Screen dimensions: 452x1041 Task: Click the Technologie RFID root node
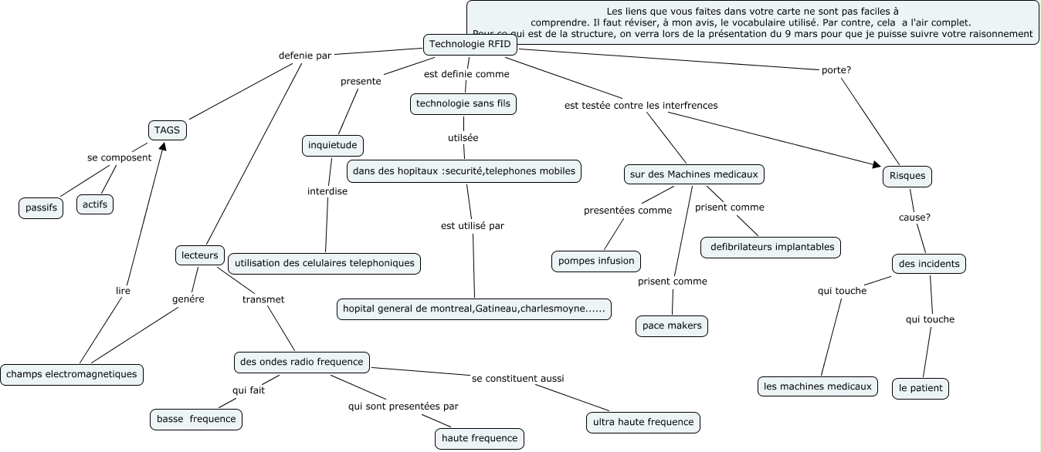(x=470, y=45)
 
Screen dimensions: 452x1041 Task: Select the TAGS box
(x=167, y=130)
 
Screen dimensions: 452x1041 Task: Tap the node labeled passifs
(x=42, y=208)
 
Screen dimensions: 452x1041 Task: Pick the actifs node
(x=95, y=204)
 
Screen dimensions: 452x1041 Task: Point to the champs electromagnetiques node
(x=72, y=375)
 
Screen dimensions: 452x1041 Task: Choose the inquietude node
(x=332, y=145)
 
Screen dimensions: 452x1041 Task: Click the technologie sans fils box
(x=463, y=103)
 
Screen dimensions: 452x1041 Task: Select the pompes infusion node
(x=596, y=261)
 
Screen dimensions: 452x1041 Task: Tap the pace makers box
(x=672, y=326)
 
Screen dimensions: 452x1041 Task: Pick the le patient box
(x=921, y=388)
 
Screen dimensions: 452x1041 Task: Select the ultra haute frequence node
(x=643, y=423)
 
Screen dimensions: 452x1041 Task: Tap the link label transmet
(x=263, y=299)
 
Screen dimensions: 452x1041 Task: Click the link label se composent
(x=120, y=157)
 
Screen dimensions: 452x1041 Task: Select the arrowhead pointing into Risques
(x=877, y=164)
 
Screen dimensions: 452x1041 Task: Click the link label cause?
(x=914, y=217)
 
